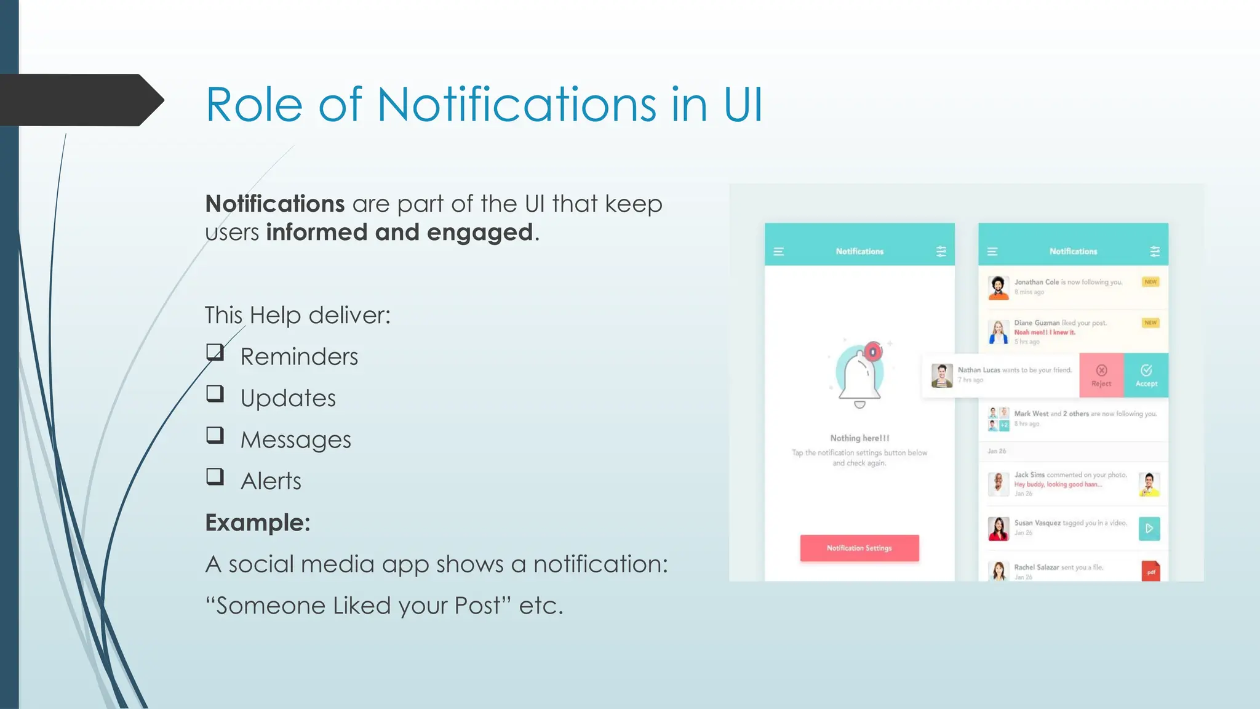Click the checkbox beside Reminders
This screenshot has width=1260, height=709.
pos(215,353)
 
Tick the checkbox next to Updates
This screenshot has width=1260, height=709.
pos(215,394)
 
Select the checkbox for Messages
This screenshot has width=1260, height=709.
pos(215,435)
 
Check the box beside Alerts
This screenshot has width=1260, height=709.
pos(215,476)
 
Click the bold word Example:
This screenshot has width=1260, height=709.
pos(257,523)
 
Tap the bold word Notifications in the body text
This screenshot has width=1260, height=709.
pos(274,204)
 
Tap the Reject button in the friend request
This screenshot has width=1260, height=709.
pos(1101,375)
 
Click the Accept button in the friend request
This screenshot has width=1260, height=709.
pos(1146,375)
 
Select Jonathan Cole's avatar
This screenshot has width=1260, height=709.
pos(998,287)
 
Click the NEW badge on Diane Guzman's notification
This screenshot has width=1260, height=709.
pos(1150,322)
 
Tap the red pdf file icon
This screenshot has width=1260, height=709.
pos(1150,571)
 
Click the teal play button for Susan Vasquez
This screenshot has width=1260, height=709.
pos(1149,529)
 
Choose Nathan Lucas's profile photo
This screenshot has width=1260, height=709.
pos(941,375)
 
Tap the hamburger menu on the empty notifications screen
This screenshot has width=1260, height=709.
pos(778,252)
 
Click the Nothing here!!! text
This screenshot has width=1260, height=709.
pos(859,438)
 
